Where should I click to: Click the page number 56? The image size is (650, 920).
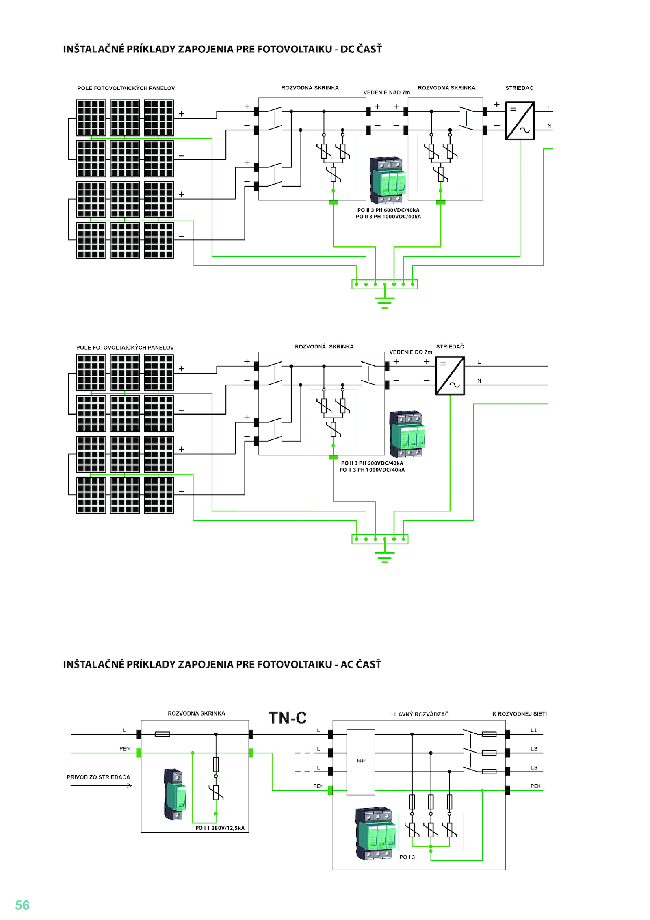point(22,905)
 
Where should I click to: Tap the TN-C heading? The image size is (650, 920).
point(287,718)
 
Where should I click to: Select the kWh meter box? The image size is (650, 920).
point(361,762)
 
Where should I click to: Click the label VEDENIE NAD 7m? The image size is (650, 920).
point(387,93)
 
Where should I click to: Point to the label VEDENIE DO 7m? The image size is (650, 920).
point(411,352)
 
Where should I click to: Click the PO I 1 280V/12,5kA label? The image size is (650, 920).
point(220,828)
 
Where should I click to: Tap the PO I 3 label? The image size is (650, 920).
point(407,857)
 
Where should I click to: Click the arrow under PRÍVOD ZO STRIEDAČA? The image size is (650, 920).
point(101,786)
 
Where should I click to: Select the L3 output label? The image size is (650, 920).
point(534,768)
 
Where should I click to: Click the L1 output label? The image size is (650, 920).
point(534,730)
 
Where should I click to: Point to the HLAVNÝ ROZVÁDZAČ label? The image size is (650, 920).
point(420,714)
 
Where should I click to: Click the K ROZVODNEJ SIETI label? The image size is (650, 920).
point(520,714)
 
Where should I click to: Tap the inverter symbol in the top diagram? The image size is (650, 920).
point(520,121)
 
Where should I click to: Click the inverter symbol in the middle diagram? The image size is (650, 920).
point(450,376)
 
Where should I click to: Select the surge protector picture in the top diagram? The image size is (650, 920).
point(388,180)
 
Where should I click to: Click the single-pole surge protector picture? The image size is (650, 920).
point(175,794)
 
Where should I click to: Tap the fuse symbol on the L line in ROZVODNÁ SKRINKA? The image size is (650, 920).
point(162,734)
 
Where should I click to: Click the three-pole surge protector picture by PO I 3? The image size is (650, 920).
point(376,833)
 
